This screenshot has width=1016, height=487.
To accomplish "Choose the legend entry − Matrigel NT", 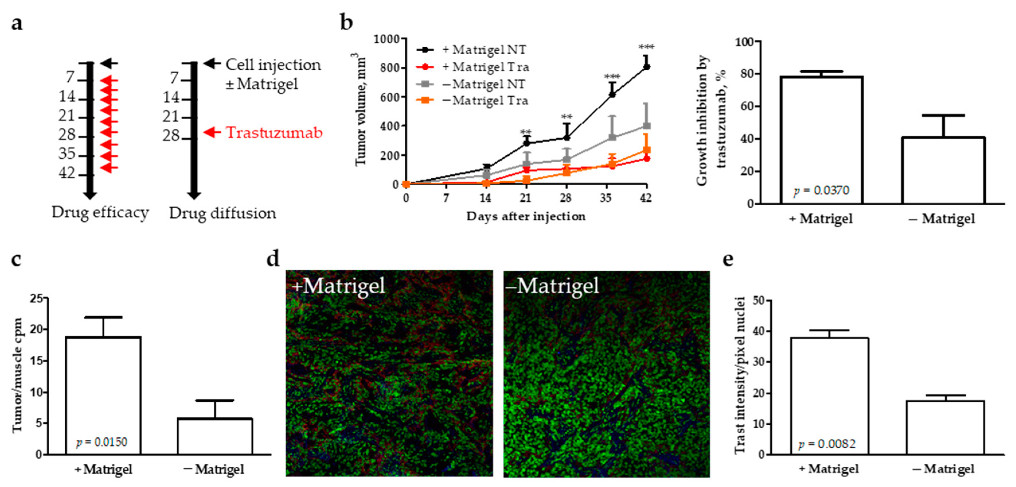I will click(x=483, y=84).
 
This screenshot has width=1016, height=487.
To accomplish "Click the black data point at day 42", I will click(x=646, y=67).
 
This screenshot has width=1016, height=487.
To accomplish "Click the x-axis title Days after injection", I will click(x=525, y=216).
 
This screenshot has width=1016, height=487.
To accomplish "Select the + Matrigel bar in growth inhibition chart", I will click(x=822, y=140).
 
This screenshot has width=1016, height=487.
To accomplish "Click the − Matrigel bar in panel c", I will click(x=215, y=436).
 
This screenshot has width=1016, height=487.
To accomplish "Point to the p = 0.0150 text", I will click(x=102, y=442).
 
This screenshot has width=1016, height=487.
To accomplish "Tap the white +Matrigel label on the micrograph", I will click(x=338, y=286).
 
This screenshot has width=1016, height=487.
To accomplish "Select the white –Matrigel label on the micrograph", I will click(x=552, y=286).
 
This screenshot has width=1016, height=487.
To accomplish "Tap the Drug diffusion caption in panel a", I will click(x=222, y=213).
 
